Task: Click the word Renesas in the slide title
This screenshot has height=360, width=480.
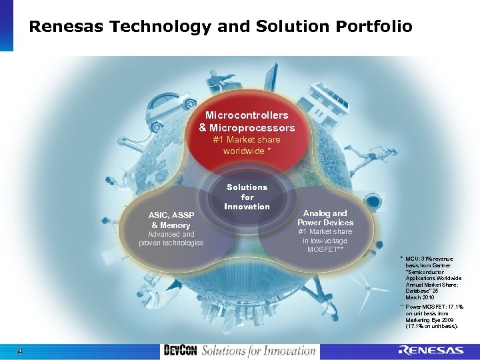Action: [x=67, y=27]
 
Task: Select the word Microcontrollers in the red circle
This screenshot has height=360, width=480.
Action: [x=247, y=115]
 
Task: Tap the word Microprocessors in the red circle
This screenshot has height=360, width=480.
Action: [x=252, y=127]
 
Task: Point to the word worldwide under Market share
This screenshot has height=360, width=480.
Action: [x=244, y=151]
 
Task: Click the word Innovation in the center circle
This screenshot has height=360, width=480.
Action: [x=247, y=207]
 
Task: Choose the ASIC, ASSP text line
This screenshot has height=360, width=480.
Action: [x=171, y=215]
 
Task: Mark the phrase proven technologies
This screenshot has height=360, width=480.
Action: [x=171, y=243]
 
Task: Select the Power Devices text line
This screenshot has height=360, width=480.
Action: [x=325, y=223]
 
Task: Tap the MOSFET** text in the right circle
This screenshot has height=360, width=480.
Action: [x=325, y=249]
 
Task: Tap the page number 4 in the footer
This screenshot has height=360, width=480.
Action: [x=20, y=351]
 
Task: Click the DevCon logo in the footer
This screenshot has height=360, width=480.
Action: [x=179, y=351]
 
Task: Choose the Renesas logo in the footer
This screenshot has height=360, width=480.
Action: [x=431, y=351]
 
